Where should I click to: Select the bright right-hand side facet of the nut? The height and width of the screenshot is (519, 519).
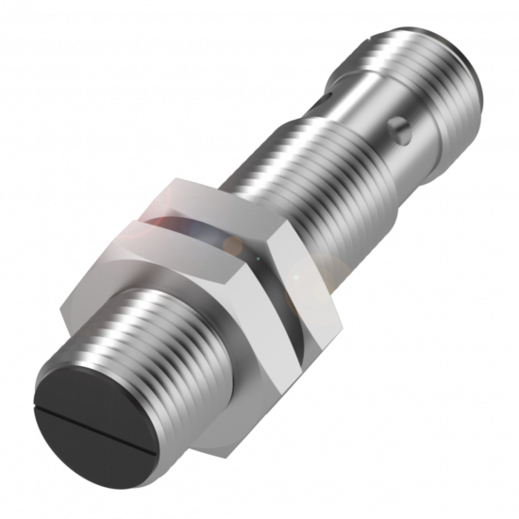[302, 283]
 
